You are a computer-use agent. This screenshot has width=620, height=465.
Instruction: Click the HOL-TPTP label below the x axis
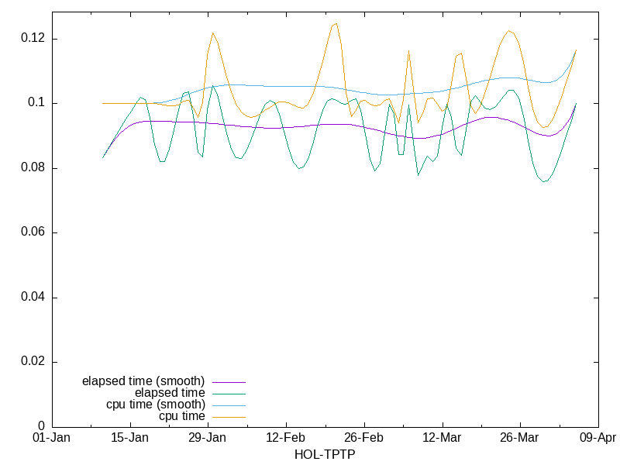324,454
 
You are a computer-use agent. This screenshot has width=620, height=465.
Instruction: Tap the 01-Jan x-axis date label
52,438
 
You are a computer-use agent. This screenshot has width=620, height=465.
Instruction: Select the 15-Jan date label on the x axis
130,438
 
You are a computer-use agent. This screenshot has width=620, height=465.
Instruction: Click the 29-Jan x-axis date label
208,438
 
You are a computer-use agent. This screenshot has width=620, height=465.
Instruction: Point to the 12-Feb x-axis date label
286,438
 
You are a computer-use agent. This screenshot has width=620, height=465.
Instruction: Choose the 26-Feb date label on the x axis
364,438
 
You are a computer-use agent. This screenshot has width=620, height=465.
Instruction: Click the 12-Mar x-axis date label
442,438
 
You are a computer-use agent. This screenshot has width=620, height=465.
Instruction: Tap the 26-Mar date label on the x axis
520,438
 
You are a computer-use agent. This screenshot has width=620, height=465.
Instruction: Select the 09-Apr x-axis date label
598,438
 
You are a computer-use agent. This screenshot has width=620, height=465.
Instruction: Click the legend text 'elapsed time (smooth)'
143,381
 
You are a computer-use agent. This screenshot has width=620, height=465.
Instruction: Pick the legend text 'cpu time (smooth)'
156,405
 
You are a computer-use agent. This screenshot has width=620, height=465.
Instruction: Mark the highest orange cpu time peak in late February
336,23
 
